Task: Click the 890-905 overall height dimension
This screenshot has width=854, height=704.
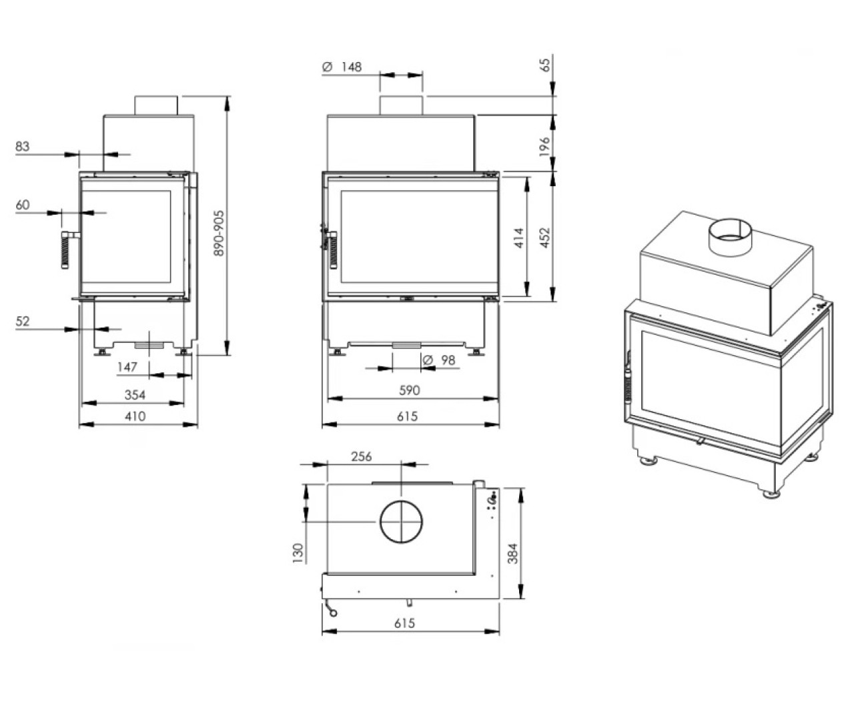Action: (220, 233)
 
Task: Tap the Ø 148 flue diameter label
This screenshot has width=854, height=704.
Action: (342, 67)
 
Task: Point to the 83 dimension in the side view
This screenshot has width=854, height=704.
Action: (23, 146)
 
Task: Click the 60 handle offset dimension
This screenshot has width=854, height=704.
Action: (23, 205)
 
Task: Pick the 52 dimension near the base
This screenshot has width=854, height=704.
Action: (23, 321)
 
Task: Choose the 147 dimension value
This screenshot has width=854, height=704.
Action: (127, 367)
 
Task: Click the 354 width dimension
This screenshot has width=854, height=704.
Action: (135, 395)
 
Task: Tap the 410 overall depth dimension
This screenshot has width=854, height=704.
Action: (135, 416)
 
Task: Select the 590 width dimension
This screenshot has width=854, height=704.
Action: (410, 390)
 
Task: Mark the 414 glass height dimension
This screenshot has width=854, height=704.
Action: (519, 238)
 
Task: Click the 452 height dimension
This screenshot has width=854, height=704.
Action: (545, 238)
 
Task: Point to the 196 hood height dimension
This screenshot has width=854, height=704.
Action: (544, 146)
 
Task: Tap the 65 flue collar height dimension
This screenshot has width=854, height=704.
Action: (546, 65)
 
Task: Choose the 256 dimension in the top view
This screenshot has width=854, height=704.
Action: (362, 456)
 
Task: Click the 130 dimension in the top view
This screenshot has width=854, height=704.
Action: (298, 553)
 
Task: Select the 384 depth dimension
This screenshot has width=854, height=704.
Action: (512, 553)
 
